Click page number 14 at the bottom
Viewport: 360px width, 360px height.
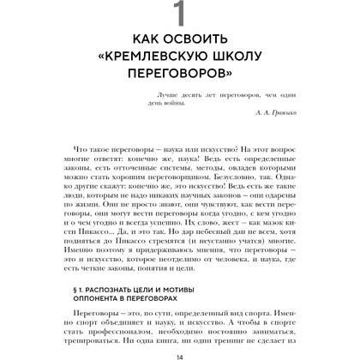pos(179,355)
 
